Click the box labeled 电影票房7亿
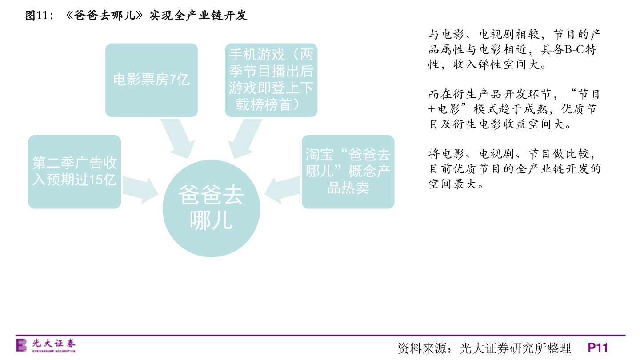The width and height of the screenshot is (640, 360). tap(152, 80)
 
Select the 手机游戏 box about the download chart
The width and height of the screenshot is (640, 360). tap(271, 80)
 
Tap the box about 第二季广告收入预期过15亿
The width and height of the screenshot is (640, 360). tap(75, 172)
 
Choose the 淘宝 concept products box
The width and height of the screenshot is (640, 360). tap(348, 172)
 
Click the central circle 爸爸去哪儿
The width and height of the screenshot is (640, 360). tap(211, 208)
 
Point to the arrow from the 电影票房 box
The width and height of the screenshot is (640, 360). tap(178, 139)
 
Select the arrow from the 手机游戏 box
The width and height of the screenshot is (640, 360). tap(244, 139)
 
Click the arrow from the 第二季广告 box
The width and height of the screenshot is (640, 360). tap(140, 190)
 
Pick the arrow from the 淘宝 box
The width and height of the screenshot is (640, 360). tap(282, 190)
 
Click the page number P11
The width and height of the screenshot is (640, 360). tap(598, 348)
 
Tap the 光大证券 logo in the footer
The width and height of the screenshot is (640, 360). tap(46, 345)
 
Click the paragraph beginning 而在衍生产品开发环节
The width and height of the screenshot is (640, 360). tap(514, 109)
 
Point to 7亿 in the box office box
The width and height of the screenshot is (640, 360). tap(179, 80)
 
